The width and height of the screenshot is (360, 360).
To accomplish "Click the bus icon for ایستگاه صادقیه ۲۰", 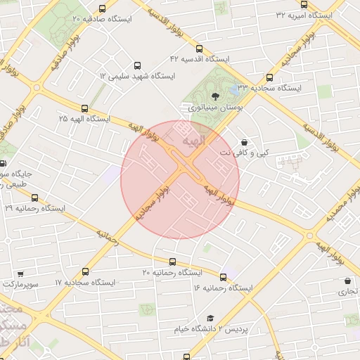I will click(x=103, y=9).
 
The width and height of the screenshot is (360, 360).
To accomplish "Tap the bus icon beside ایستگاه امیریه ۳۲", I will click(x=304, y=4).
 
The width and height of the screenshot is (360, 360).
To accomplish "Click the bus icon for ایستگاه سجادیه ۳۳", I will click(x=269, y=78).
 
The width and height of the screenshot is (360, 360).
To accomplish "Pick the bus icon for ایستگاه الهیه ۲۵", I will click(x=85, y=108).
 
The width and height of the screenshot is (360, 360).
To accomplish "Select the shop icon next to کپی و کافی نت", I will click(x=244, y=141).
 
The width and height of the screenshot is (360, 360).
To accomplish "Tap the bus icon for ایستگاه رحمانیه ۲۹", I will click(x=34, y=198).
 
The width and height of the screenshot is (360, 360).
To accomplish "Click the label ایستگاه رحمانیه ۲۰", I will click(x=172, y=272).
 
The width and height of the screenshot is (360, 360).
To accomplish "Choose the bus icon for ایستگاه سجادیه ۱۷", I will click(x=86, y=271).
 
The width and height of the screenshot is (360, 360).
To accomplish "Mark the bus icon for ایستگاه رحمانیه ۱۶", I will click(x=224, y=277).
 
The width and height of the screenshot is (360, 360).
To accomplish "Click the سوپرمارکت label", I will click(x=19, y=285).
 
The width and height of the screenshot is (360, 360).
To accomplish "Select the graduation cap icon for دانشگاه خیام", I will click(x=210, y=319).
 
